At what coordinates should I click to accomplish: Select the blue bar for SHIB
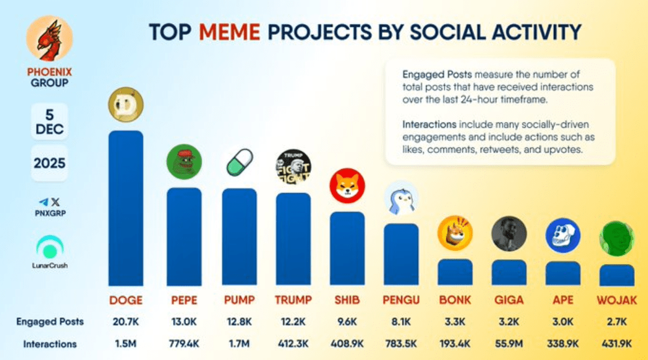[x=347, y=248]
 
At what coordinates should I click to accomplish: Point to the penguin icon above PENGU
[x=401, y=198]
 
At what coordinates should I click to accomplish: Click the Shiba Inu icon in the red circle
[x=347, y=185]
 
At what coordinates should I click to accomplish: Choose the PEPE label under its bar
[x=183, y=300]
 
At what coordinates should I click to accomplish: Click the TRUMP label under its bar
[x=293, y=300]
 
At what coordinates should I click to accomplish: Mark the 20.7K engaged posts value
[x=125, y=322]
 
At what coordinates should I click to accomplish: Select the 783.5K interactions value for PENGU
[x=401, y=344]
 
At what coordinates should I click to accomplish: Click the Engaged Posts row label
[x=50, y=322]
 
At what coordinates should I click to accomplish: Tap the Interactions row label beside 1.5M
[x=50, y=344]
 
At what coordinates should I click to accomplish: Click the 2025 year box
[x=49, y=163]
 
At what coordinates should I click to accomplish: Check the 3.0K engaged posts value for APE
[x=562, y=322]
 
